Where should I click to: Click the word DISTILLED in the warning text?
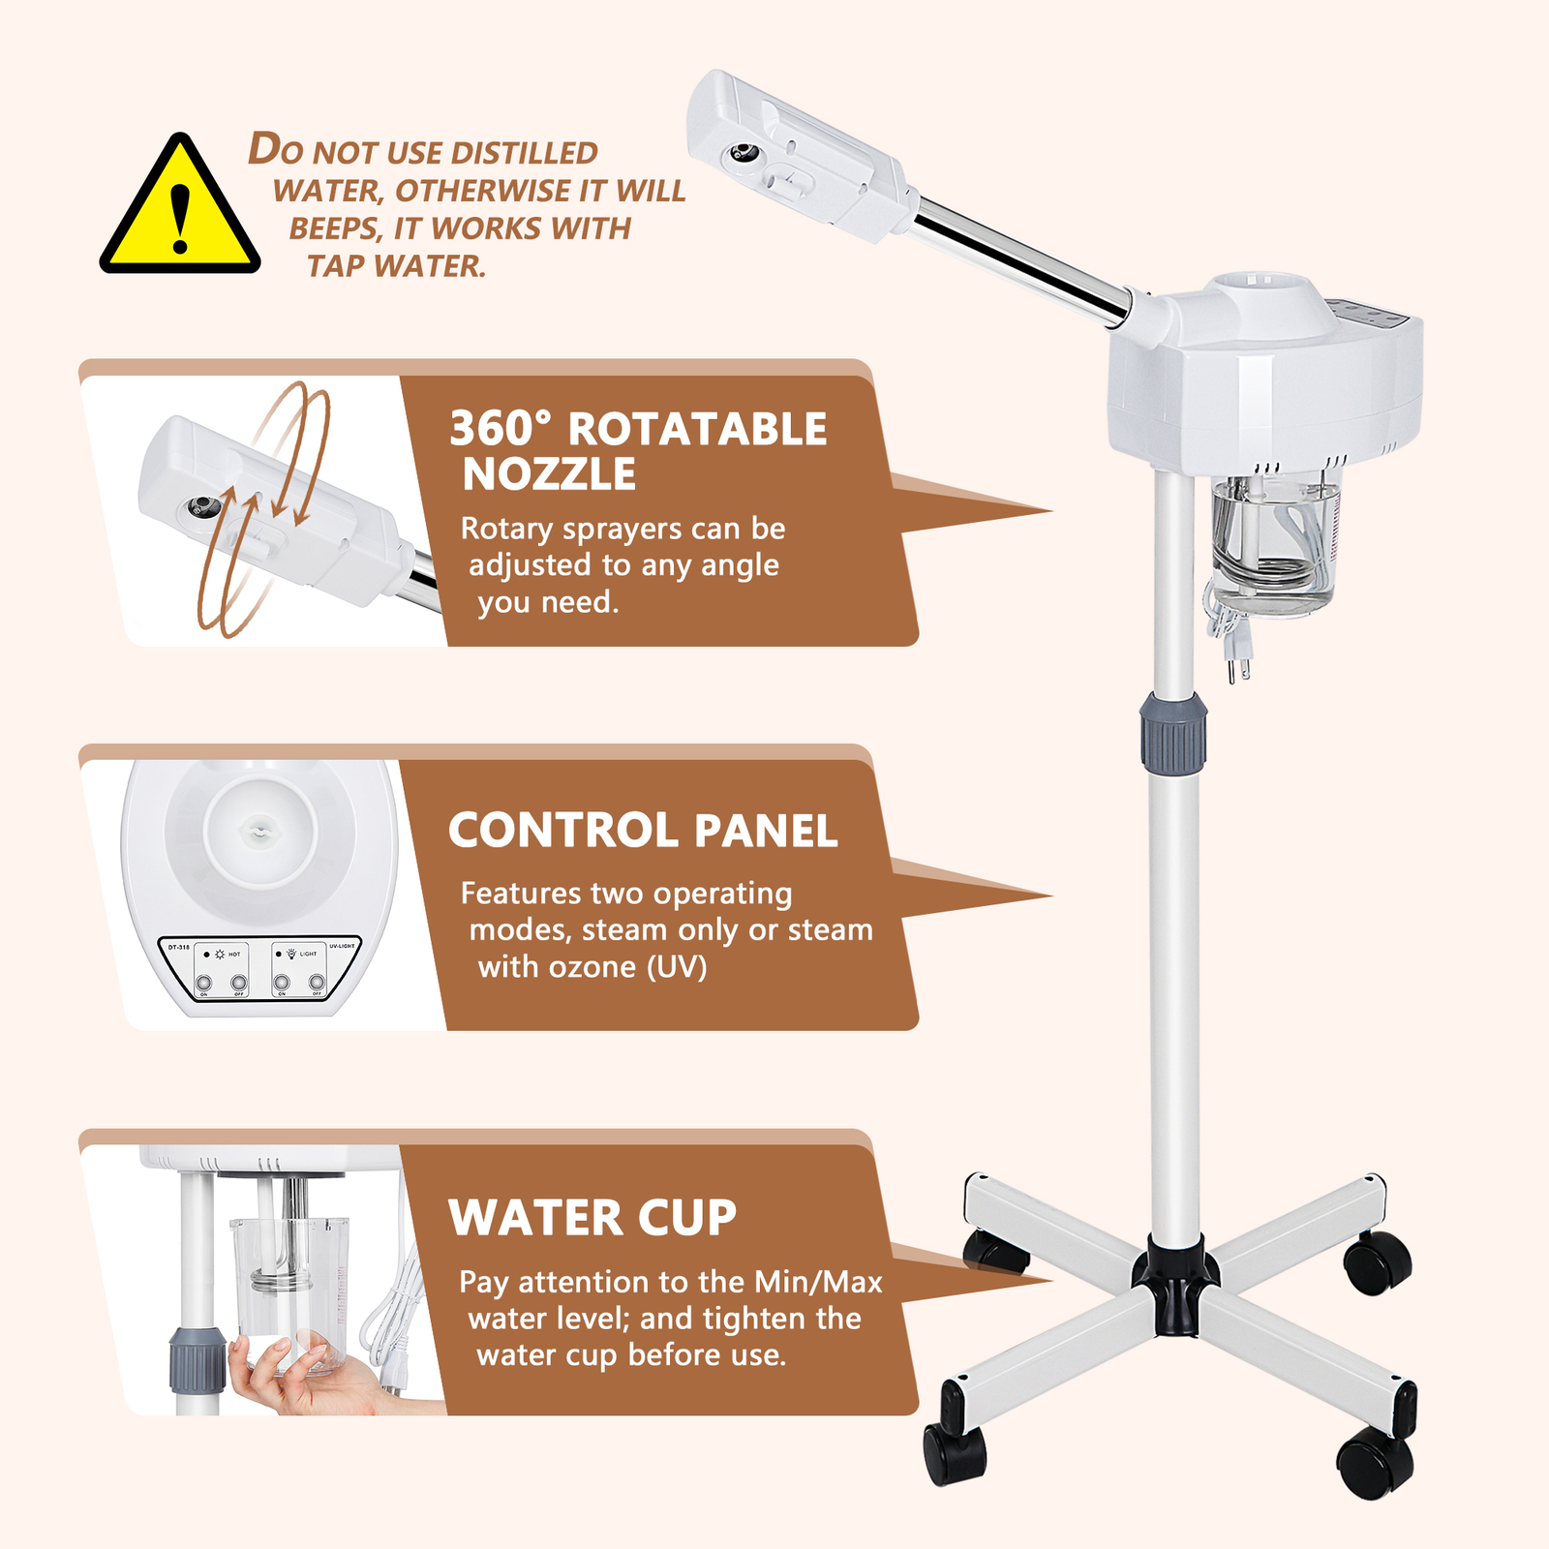524,153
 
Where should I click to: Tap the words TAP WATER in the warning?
396,265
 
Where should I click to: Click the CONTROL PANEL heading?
642,831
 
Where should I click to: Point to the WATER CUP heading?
592,1217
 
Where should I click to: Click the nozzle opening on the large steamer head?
744,153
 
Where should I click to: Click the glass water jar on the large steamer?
1273,547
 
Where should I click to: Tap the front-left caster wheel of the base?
955,1452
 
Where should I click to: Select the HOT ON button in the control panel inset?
203,984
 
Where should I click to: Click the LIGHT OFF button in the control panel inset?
317,984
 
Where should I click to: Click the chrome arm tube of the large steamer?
1021,257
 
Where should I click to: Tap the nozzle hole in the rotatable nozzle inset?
202,506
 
